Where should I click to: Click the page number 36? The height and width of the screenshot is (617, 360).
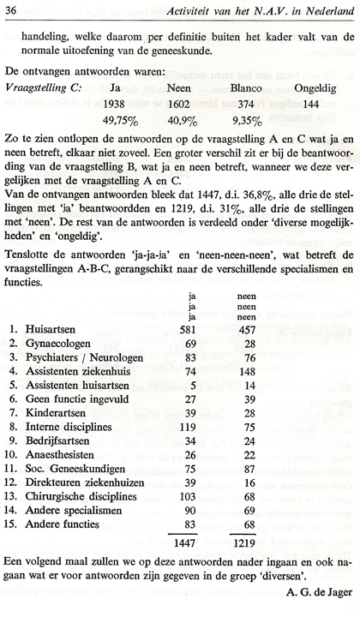[15, 9]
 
